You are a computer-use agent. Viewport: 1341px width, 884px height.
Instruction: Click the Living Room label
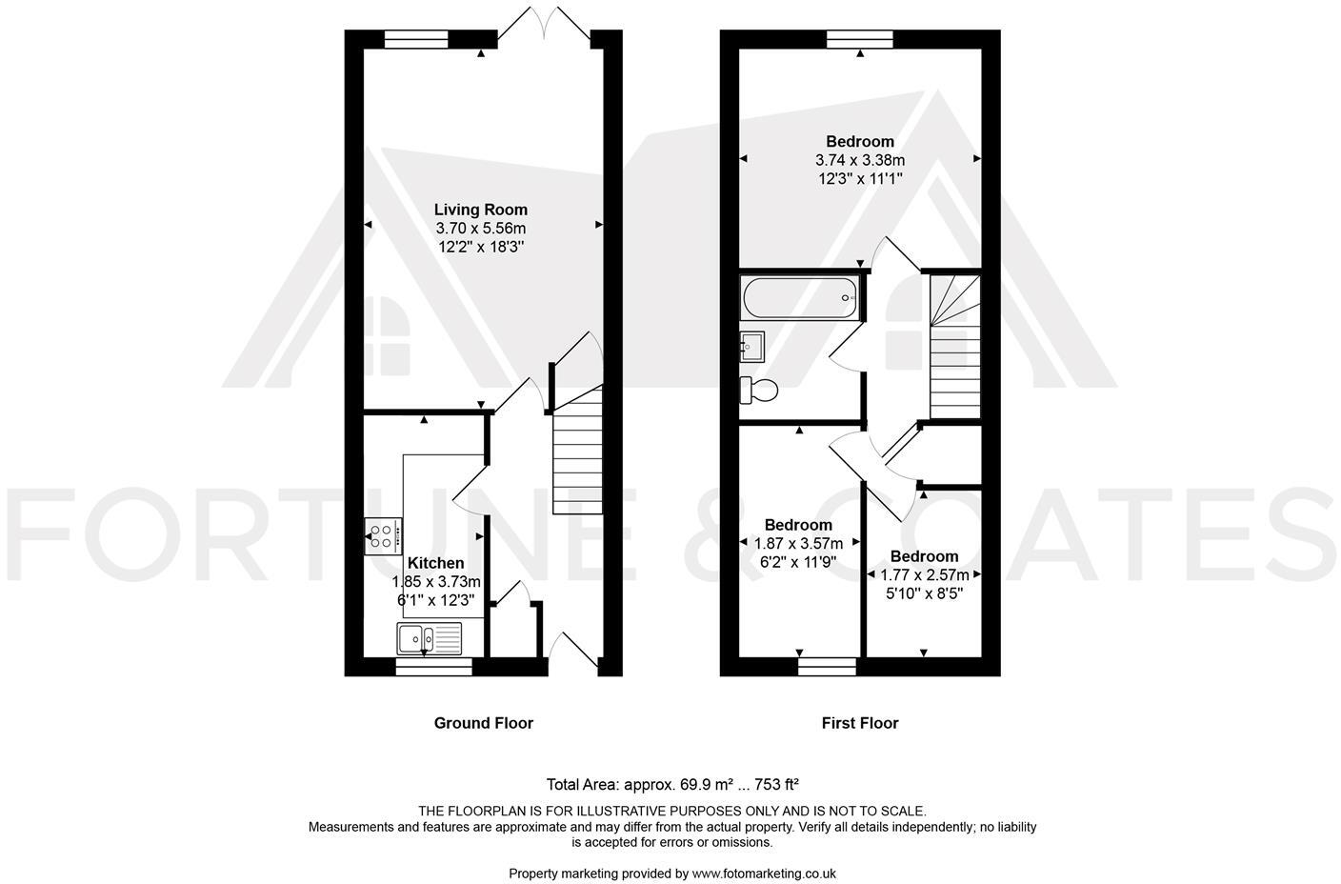(480, 210)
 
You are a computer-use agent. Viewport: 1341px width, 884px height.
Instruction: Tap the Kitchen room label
(435, 563)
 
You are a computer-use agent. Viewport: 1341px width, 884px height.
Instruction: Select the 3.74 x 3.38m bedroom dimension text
(859, 160)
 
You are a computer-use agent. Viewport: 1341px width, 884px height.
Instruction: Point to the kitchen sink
(429, 638)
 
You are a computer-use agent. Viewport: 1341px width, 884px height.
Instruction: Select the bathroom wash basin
(752, 345)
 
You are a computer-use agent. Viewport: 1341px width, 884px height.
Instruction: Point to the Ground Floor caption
(483, 723)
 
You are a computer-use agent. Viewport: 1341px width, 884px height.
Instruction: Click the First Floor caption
(859, 723)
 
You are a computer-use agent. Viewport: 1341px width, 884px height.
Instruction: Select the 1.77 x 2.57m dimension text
(924, 575)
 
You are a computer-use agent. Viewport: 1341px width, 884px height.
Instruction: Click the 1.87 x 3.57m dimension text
(798, 543)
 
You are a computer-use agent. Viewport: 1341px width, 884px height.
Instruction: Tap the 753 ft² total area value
(776, 785)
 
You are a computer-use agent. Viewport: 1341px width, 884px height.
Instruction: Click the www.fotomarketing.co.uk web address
(764, 873)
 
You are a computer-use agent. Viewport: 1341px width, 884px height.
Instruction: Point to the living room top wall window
(416, 39)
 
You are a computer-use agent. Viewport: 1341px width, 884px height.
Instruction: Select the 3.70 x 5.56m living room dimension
(480, 229)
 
